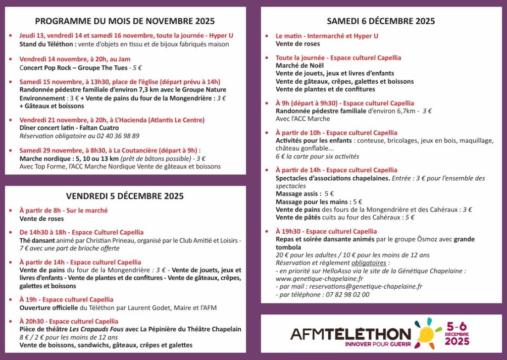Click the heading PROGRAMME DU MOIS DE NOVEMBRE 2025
pos(125,21)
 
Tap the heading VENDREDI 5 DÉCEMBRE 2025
pos(125,196)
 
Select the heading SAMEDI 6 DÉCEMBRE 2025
pos(381,21)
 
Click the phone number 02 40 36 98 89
pos(118,136)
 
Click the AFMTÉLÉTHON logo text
pos(350,334)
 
